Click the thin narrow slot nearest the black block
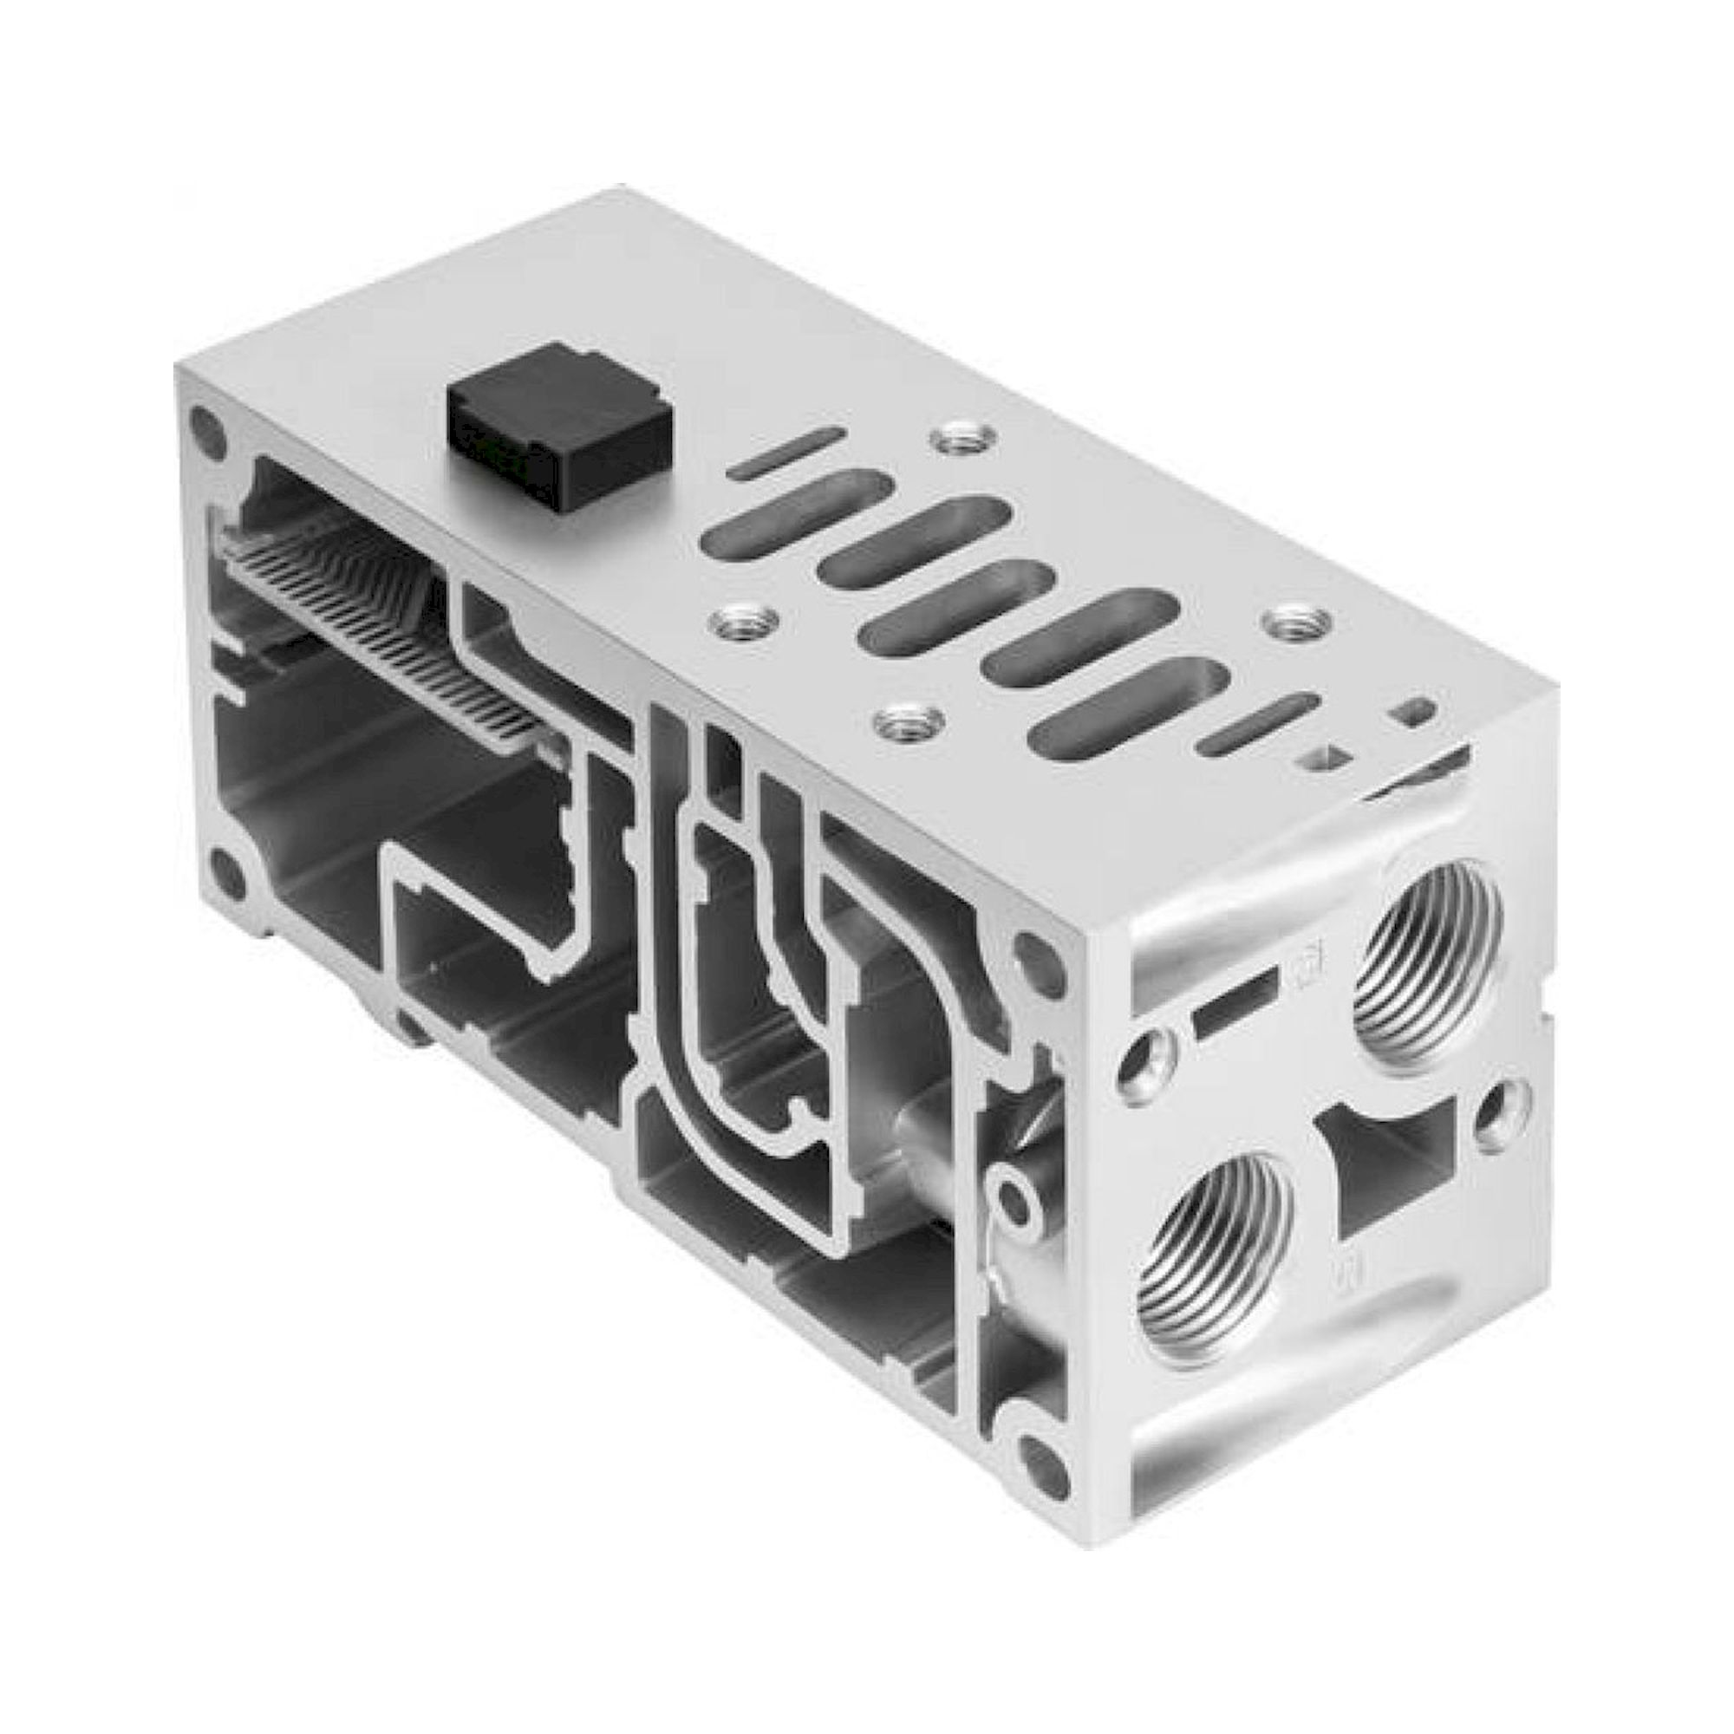786,453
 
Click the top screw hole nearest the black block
963,439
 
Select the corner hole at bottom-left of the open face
227,871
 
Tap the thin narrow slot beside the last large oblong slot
1259,723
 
